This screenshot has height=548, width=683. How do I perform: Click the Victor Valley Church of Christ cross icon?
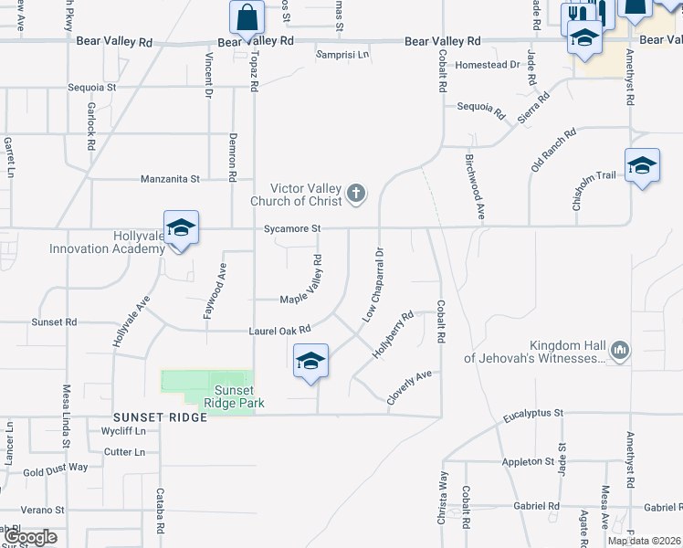356,194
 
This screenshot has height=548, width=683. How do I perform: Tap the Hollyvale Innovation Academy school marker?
181,228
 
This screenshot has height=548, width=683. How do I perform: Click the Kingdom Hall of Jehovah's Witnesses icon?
620,350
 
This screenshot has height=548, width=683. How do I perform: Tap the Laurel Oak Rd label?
281,330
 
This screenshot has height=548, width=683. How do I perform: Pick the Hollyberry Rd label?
393,333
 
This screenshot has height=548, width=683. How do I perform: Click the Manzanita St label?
170,179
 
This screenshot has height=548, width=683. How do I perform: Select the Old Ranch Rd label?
553,150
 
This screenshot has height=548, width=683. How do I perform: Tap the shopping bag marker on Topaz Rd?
247,17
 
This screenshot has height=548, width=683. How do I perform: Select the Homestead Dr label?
488,65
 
